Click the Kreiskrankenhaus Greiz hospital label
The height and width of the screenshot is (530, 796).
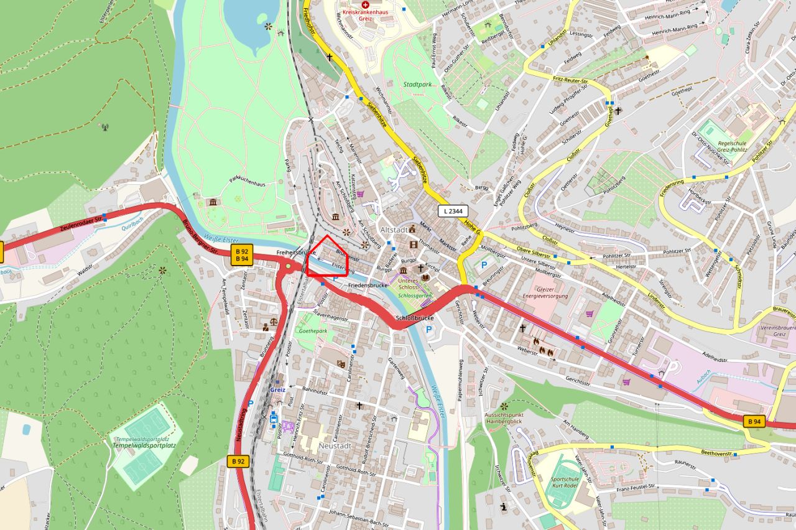[x=365, y=15]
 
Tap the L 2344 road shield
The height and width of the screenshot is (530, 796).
[x=453, y=211]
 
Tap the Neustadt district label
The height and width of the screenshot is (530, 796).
[x=335, y=446]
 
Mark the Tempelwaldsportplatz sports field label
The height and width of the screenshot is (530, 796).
[x=142, y=442]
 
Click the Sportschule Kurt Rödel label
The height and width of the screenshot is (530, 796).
[x=564, y=483]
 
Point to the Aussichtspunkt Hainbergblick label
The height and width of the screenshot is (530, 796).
[x=504, y=417]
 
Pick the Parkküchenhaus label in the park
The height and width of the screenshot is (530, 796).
[x=248, y=181]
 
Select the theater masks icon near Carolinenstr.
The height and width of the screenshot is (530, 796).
[x=341, y=363]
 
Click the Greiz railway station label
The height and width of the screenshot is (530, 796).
[x=277, y=390]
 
